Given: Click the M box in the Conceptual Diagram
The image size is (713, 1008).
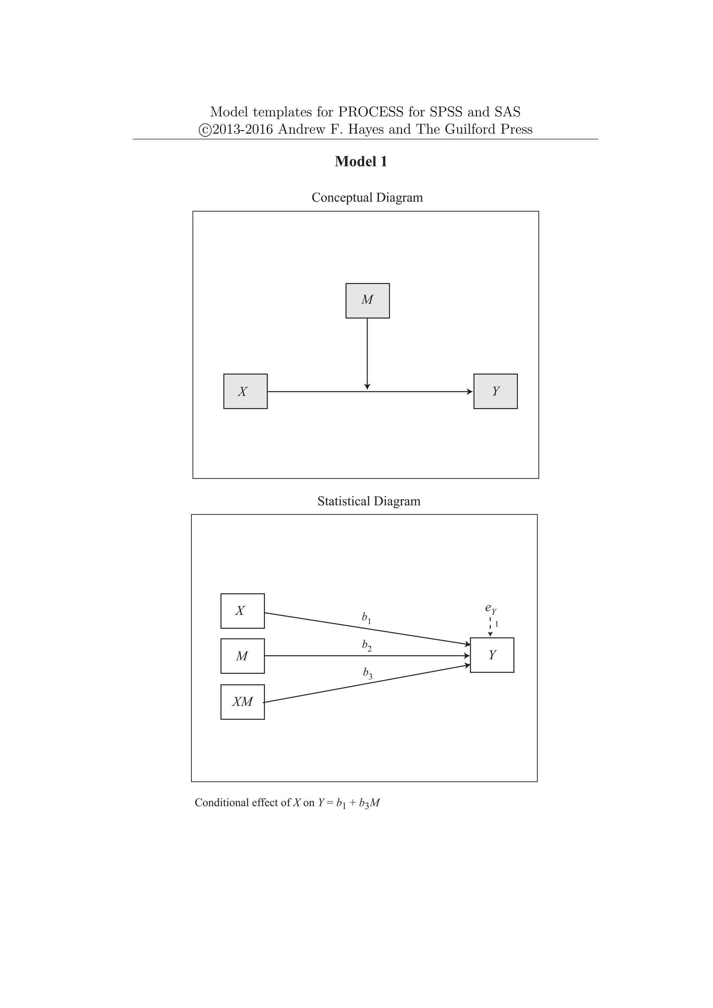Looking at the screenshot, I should pyautogui.click(x=368, y=301).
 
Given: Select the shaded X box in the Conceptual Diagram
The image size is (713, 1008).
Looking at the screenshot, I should pyautogui.click(x=245, y=391).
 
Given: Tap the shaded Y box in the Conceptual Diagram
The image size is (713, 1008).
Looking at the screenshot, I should pyautogui.click(x=495, y=391).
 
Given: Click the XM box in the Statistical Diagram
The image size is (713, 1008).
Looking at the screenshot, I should pyautogui.click(x=242, y=702).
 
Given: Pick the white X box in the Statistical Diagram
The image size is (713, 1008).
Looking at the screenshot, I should pyautogui.click(x=242, y=611).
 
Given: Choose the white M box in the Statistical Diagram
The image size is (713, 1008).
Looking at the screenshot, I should pyautogui.click(x=242, y=656).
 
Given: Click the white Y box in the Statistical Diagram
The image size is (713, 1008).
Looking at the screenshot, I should pyautogui.click(x=492, y=655).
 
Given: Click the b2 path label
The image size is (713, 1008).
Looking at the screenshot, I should pyautogui.click(x=367, y=645).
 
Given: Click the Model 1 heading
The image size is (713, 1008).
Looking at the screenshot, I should pyautogui.click(x=361, y=162).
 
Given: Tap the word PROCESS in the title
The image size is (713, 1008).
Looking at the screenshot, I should pyautogui.click(x=370, y=112).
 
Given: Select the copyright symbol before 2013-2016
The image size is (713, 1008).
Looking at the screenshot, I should pyautogui.click(x=205, y=130).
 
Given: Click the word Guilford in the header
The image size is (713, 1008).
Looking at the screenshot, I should pyautogui.click(x=473, y=129).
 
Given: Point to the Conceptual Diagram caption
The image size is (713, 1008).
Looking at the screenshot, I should pyautogui.click(x=367, y=198).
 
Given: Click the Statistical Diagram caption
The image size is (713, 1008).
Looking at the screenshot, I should pyautogui.click(x=369, y=501).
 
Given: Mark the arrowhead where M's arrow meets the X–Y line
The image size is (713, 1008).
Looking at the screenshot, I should pyautogui.click(x=368, y=386).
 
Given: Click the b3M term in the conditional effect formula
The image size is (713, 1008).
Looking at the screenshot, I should pyautogui.click(x=369, y=803).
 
